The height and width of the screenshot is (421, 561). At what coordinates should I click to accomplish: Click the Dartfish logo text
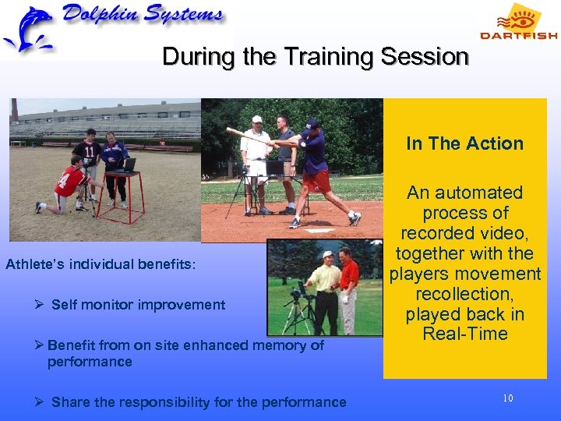[x=518, y=35]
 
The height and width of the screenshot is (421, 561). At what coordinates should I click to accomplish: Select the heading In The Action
[x=464, y=143]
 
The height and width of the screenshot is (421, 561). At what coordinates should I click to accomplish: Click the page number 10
[x=508, y=398]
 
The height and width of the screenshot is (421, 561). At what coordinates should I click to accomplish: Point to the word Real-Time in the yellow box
[x=465, y=334]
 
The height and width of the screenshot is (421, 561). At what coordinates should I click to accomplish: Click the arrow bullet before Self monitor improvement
[x=39, y=305]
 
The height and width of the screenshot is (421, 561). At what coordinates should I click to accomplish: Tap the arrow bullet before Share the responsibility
[x=39, y=402]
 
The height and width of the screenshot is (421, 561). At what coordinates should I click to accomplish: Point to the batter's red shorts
[x=318, y=182]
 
